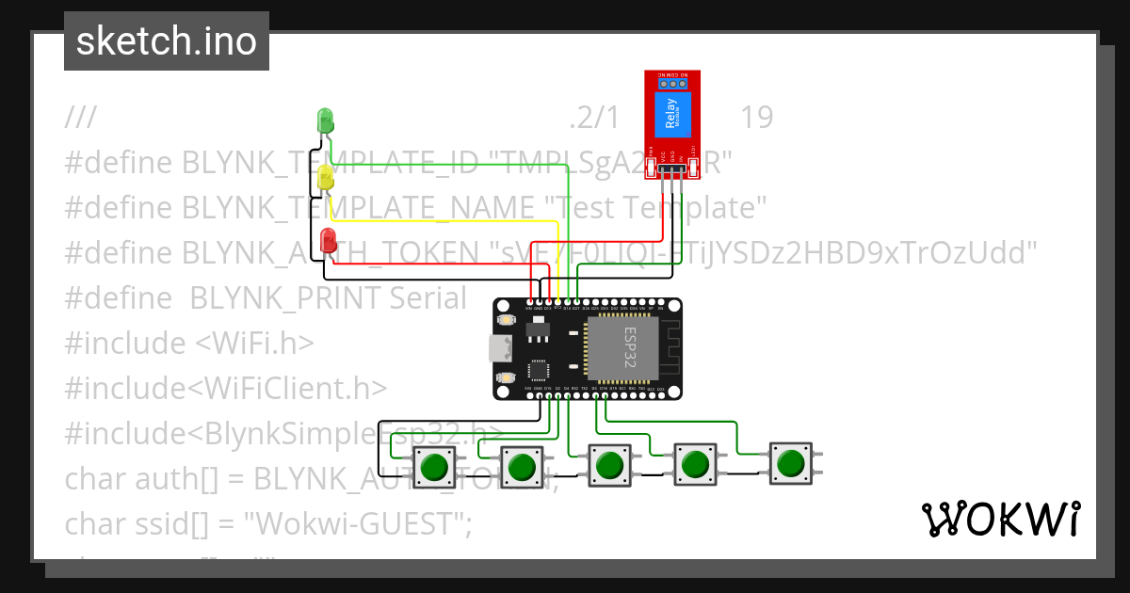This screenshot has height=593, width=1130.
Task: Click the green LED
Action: [x=326, y=120]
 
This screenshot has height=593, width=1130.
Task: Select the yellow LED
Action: [x=326, y=178]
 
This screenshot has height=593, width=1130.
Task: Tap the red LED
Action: [x=329, y=239]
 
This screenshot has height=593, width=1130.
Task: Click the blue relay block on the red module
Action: [x=672, y=115]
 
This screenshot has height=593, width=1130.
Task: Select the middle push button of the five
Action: [x=609, y=465]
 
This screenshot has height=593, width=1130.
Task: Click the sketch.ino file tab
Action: [x=167, y=41]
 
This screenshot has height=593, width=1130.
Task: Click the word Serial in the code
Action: [x=423, y=297]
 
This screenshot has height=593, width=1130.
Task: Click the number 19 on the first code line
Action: [x=756, y=118]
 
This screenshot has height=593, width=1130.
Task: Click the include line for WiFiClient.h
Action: [x=226, y=388]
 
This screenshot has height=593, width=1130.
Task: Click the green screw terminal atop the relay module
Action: [x=672, y=81]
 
